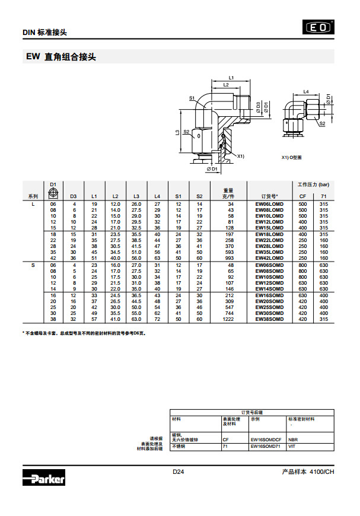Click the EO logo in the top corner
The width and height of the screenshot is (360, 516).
318,27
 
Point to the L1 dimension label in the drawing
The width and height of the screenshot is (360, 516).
231,78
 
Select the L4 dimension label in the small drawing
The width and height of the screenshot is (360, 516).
306,92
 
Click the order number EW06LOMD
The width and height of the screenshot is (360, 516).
269,204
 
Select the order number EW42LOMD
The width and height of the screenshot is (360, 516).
269,258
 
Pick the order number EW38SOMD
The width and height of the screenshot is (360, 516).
269,319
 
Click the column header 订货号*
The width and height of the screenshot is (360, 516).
269,196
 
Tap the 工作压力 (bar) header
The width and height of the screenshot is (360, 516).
313,184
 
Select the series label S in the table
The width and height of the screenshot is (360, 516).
33,265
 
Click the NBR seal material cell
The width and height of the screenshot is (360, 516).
292,439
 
